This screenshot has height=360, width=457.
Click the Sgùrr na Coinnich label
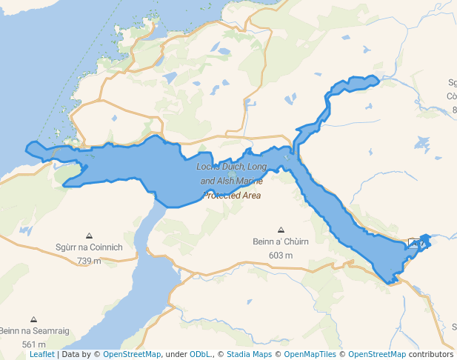click(88, 247)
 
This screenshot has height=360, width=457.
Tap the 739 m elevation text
click(88, 261)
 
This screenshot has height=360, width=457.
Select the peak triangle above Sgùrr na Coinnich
click(89, 236)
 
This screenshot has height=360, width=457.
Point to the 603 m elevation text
click(280, 255)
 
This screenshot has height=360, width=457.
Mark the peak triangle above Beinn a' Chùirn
click(281, 230)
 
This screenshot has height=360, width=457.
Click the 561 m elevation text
click(33, 344)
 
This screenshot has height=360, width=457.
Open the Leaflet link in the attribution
click(41, 355)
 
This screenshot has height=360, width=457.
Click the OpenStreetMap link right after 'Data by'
click(131, 355)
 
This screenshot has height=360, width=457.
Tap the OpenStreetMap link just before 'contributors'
click(376, 355)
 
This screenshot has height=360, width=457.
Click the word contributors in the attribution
click(430, 355)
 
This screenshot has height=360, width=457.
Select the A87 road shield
click(417, 243)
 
